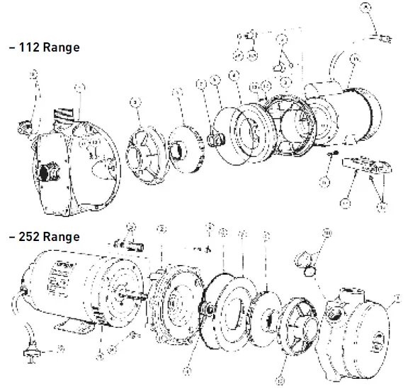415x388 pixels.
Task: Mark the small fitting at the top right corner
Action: click(x=379, y=32)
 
